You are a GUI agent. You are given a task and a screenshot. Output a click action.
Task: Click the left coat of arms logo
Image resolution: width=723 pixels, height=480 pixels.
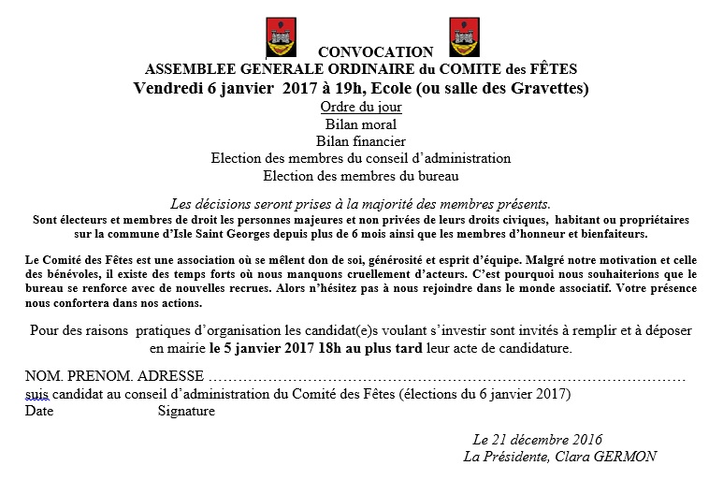coord(280,37)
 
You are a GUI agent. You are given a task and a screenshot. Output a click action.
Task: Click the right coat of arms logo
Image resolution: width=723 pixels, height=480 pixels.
coord(464,37)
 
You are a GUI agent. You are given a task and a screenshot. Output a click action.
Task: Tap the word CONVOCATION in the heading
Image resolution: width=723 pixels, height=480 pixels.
coord(376,53)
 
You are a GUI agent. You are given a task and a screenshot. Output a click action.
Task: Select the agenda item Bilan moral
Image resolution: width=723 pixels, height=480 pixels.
coord(361,124)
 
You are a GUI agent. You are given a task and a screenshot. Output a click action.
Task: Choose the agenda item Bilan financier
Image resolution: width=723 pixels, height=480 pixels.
coord(361,141)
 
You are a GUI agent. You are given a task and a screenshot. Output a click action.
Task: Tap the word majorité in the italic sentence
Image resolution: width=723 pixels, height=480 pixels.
coord(408,203)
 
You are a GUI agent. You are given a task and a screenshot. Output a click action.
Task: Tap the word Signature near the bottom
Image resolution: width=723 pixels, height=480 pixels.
coord(186,410)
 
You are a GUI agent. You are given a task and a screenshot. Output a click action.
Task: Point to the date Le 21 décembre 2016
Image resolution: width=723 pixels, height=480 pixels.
coord(537,440)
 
